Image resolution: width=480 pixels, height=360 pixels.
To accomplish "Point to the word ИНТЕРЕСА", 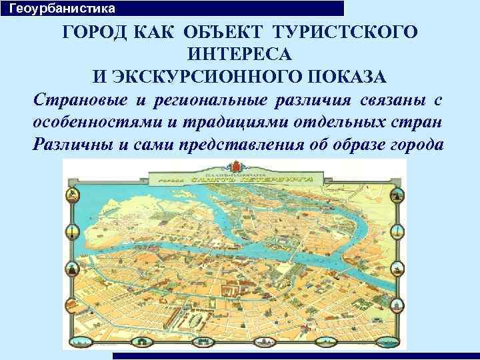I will pyautogui.click(x=239, y=53).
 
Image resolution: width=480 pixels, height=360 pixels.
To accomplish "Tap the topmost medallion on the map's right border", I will pyautogui.click(x=399, y=195).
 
